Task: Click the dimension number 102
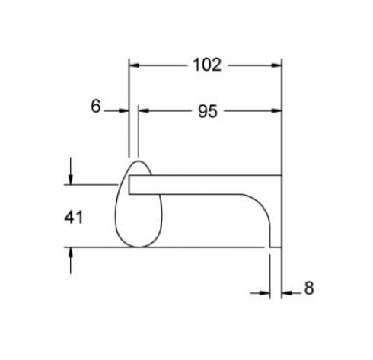pyautogui.click(x=207, y=65)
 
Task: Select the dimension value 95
pyautogui.click(x=208, y=112)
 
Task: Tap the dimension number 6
pyautogui.click(x=96, y=107)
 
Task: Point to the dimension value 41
pyautogui.click(x=73, y=218)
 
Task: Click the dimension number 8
pyautogui.click(x=309, y=288)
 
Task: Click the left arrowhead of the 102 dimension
pyautogui.click(x=134, y=65)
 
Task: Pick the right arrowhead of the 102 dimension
pyautogui.click(x=276, y=65)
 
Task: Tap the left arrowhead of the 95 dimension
pyautogui.click(x=144, y=110)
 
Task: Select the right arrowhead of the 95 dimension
pyautogui.click(x=276, y=110)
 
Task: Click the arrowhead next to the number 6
pyautogui.click(x=124, y=110)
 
